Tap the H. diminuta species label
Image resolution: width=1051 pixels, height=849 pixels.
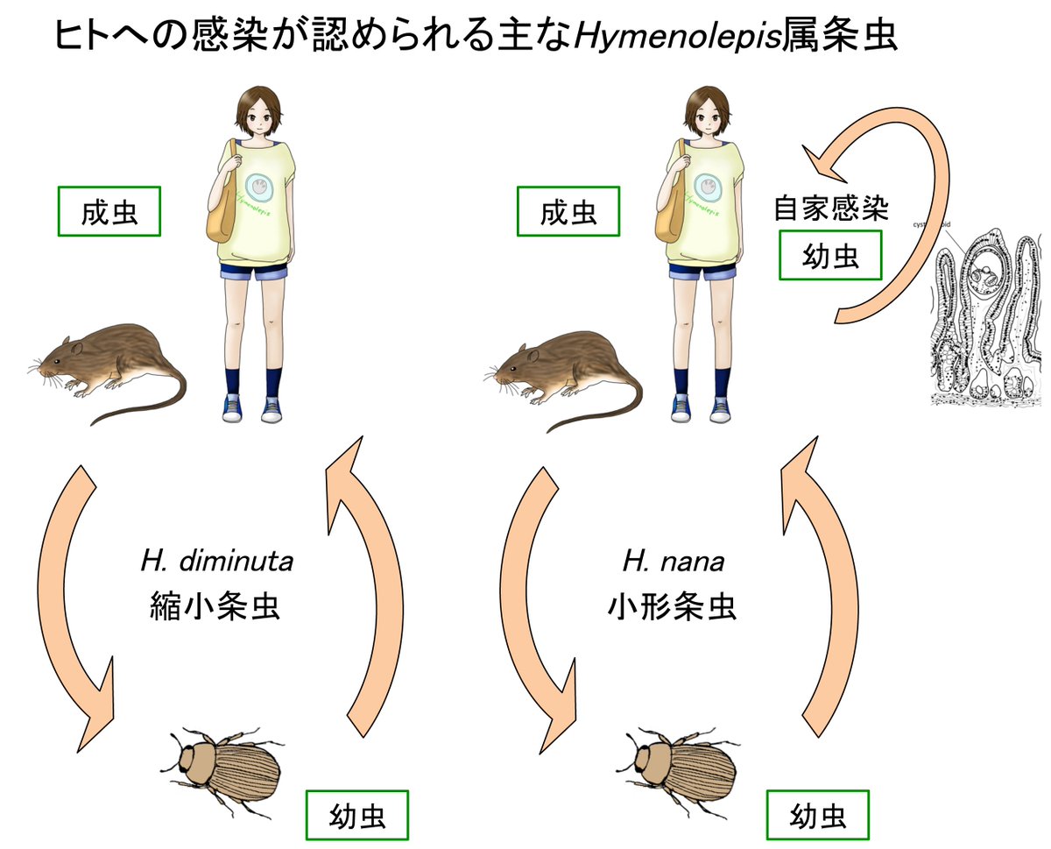pyautogui.click(x=216, y=561)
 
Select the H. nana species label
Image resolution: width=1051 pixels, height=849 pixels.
pyautogui.click(x=674, y=561)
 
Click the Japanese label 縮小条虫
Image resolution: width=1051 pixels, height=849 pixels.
pyautogui.click(x=215, y=605)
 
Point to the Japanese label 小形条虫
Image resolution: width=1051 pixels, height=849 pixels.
pyautogui.click(x=672, y=606)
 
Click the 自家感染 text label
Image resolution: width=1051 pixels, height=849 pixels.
pyautogui.click(x=831, y=209)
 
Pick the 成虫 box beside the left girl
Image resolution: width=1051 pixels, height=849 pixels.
pyautogui.click(x=110, y=211)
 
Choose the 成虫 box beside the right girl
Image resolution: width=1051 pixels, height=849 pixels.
pyautogui.click(x=568, y=211)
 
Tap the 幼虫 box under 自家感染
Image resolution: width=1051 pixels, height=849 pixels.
pyautogui.click(x=830, y=255)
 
